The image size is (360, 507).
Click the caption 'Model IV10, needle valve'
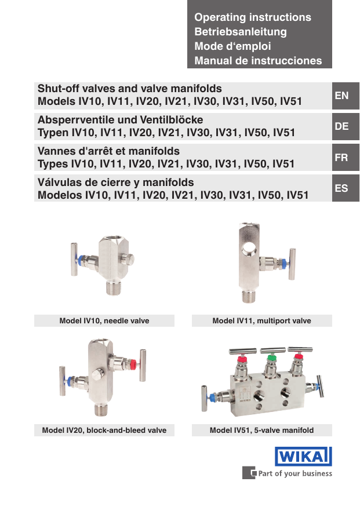[x=104, y=320]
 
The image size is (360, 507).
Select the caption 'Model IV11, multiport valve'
[x=261, y=320]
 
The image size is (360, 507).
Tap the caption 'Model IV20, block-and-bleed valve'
[x=104, y=430]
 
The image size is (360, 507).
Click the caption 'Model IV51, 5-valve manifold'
[x=261, y=430]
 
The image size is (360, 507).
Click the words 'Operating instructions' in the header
[x=253, y=17]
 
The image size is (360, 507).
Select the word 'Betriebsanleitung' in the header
[x=241, y=32]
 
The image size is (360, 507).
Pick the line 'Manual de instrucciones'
[x=258, y=60]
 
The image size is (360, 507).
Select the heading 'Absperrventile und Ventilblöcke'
[x=120, y=120]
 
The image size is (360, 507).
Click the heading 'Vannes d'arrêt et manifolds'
[x=108, y=151]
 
